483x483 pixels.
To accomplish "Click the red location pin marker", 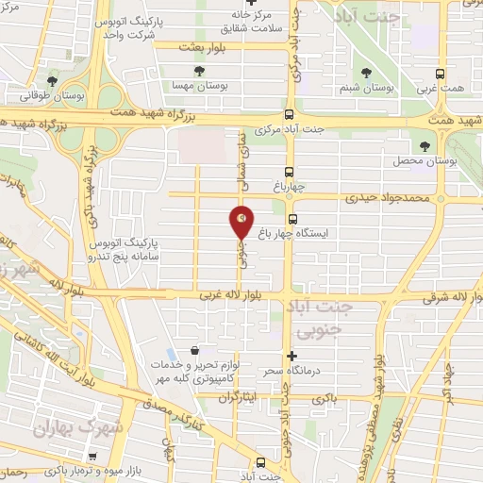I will coord(242,222).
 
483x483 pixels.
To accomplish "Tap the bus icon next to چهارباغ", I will coord(291,172).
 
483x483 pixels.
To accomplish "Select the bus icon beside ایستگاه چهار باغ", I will coord(292,218).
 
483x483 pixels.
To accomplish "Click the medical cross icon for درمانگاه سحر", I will coord(292,356).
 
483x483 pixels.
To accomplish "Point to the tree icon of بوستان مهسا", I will coord(197,71).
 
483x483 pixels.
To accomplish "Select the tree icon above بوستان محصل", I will coord(425,146).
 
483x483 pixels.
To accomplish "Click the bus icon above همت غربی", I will coord(439,73).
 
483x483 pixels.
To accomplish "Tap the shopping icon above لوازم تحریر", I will coord(193,350).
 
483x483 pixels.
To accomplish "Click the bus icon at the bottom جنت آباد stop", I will coord(260,462).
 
